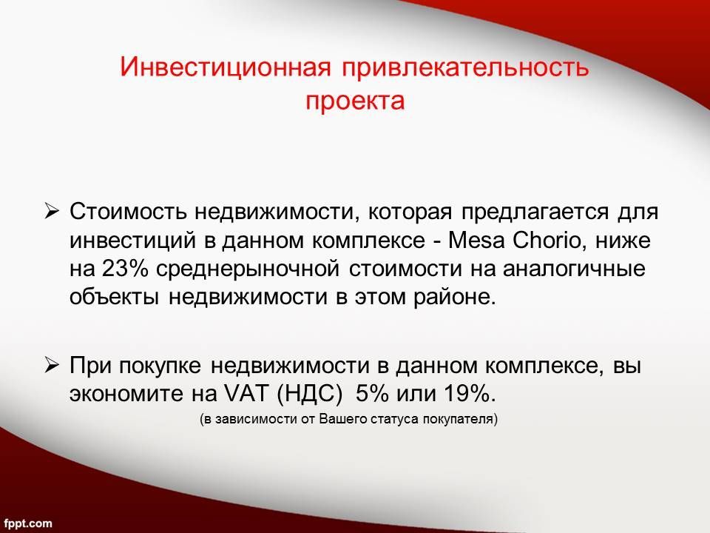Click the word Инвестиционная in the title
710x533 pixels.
pyautogui.click(x=225, y=67)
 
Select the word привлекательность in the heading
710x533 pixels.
pyautogui.click(x=465, y=67)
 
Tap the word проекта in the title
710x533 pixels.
pyautogui.click(x=354, y=101)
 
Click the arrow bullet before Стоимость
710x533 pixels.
pyautogui.click(x=52, y=211)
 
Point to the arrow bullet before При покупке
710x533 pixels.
pyautogui.click(x=52, y=364)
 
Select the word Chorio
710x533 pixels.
pyautogui.click(x=546, y=240)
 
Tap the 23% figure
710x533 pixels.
pyautogui.click(x=125, y=268)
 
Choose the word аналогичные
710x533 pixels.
pyautogui.click(x=574, y=268)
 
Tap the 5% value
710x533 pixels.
pyautogui.click(x=372, y=393)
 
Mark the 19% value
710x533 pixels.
pyautogui.click(x=470, y=393)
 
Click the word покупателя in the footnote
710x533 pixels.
pyautogui.click(x=461, y=419)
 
